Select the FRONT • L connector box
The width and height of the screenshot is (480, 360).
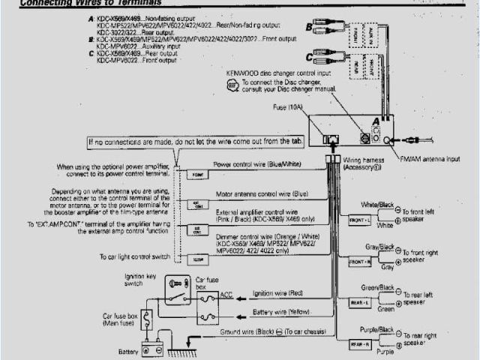click(359, 220)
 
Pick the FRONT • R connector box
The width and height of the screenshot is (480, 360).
click(359, 261)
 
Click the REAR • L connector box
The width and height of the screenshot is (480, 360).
click(359, 301)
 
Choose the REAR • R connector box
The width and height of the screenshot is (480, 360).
click(359, 343)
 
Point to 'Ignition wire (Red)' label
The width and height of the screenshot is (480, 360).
click(277, 292)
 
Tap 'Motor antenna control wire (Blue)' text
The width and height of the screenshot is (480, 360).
click(261, 193)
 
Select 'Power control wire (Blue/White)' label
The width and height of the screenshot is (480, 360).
click(259, 163)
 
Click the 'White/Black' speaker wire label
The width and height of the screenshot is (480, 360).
click(377, 204)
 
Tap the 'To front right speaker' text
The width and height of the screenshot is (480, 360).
click(424, 256)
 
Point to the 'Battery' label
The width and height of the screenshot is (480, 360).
click(128, 351)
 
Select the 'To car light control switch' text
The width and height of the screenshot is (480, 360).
click(133, 256)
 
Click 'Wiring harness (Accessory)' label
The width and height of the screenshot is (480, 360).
click(364, 164)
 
